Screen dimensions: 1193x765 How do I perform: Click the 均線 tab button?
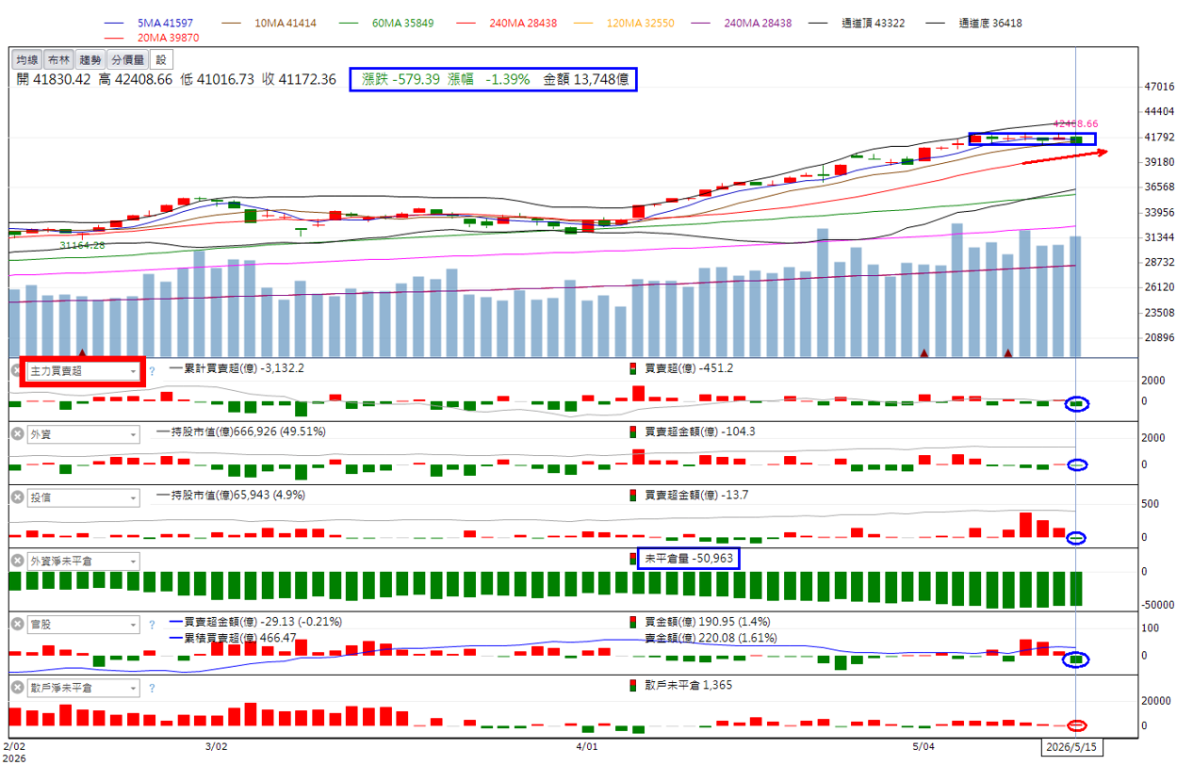pos(26,60)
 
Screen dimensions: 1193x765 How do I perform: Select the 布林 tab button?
pos(58,60)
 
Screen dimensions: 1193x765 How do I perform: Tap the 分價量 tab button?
pos(128,60)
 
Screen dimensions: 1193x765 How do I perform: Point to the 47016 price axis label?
pos(1159,87)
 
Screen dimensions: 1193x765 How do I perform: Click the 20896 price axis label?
pos(1159,337)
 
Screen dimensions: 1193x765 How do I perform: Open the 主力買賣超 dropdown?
pos(83,371)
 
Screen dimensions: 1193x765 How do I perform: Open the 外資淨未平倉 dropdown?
pos(83,562)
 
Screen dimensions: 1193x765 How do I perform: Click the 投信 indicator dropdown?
pos(83,497)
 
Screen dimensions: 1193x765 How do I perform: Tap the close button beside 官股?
pos(18,624)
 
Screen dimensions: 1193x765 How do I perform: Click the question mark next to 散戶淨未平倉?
pos(152,689)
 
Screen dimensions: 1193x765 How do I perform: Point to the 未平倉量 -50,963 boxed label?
pos(689,559)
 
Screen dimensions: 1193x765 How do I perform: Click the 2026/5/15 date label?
pos(1071,747)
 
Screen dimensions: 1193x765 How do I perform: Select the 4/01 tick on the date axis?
pos(586,746)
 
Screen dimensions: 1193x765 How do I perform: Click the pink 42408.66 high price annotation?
pos(1076,123)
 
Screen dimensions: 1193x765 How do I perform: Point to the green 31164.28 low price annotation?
pos(82,245)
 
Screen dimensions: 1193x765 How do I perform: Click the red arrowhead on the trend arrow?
pos(1103,153)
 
